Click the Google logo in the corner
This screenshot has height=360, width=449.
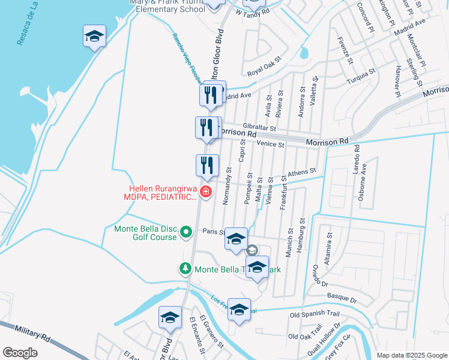[x=20, y=352]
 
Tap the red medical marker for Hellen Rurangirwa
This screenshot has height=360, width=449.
[x=206, y=192]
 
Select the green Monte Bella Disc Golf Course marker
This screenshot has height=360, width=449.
[x=186, y=231]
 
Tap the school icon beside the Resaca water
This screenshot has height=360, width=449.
[x=95, y=37]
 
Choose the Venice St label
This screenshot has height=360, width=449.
[x=270, y=144]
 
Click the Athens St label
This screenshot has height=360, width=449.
[x=302, y=173]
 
